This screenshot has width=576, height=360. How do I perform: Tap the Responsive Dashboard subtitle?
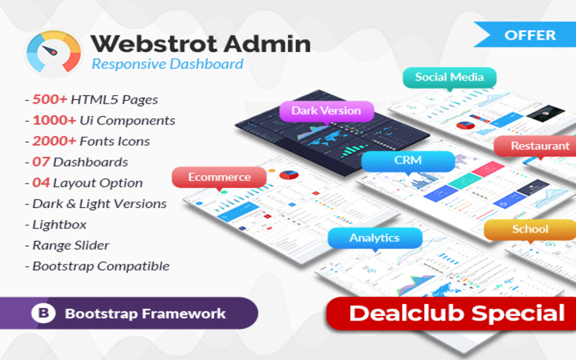click(167, 64)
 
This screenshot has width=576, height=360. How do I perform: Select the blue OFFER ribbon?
click(528, 35)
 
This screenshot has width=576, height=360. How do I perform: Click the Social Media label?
click(449, 77)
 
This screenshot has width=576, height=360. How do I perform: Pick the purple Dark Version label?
click(326, 111)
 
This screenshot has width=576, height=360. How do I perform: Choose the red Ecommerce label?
click(219, 176)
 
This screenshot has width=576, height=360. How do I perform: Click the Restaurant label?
click(539, 145)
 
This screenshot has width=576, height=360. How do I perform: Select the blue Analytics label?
click(374, 238)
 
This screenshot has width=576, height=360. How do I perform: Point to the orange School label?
click(530, 229)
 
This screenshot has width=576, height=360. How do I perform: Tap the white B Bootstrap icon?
click(44, 314)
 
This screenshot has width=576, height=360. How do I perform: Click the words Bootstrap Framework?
click(145, 314)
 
